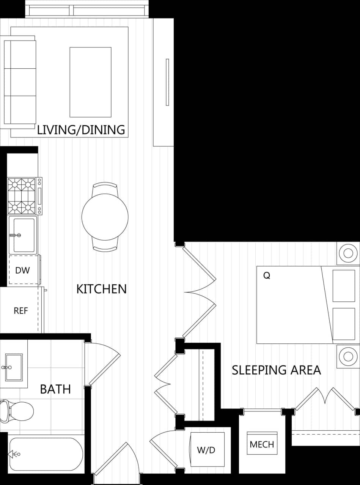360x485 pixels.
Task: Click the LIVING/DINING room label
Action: click(81, 130)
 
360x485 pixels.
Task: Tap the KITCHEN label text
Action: click(101, 289)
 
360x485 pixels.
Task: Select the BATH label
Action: click(55, 389)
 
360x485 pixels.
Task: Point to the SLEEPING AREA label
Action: click(276, 370)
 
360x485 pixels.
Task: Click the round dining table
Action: click(105, 217)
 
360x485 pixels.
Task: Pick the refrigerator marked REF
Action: click(21, 310)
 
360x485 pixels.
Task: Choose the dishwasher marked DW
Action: click(23, 270)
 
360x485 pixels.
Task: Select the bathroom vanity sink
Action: click(14, 367)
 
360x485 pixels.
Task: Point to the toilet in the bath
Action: click(17, 411)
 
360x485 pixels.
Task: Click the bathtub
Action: click(46, 454)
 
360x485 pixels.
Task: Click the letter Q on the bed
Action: click(267, 276)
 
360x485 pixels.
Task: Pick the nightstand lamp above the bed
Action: click(348, 253)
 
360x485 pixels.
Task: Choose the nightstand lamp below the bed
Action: click(348, 356)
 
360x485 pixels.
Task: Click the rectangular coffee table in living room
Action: click(90, 82)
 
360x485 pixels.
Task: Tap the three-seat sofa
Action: click(20, 82)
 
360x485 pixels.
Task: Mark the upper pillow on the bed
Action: click(344, 285)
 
